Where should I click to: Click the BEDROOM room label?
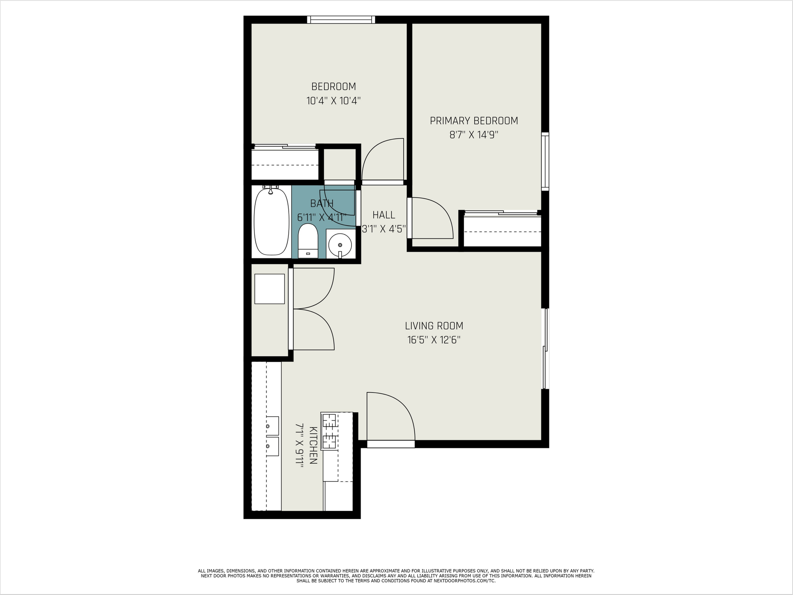click(333, 87)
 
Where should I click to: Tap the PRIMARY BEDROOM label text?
click(474, 121)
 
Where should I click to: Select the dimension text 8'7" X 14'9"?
click(474, 135)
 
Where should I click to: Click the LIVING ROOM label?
click(434, 326)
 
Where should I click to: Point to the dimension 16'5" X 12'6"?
click(434, 340)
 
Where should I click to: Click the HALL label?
click(384, 215)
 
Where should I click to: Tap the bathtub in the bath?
click(271, 221)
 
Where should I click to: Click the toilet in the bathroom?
click(308, 241)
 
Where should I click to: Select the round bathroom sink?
click(340, 245)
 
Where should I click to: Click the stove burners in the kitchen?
click(330, 431)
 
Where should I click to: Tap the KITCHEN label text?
click(313, 445)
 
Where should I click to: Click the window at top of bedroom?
click(341, 19)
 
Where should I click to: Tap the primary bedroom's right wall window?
click(545, 161)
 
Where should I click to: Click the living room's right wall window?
click(545, 349)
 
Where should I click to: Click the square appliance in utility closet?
click(269, 289)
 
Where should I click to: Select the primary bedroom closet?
click(502, 231)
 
